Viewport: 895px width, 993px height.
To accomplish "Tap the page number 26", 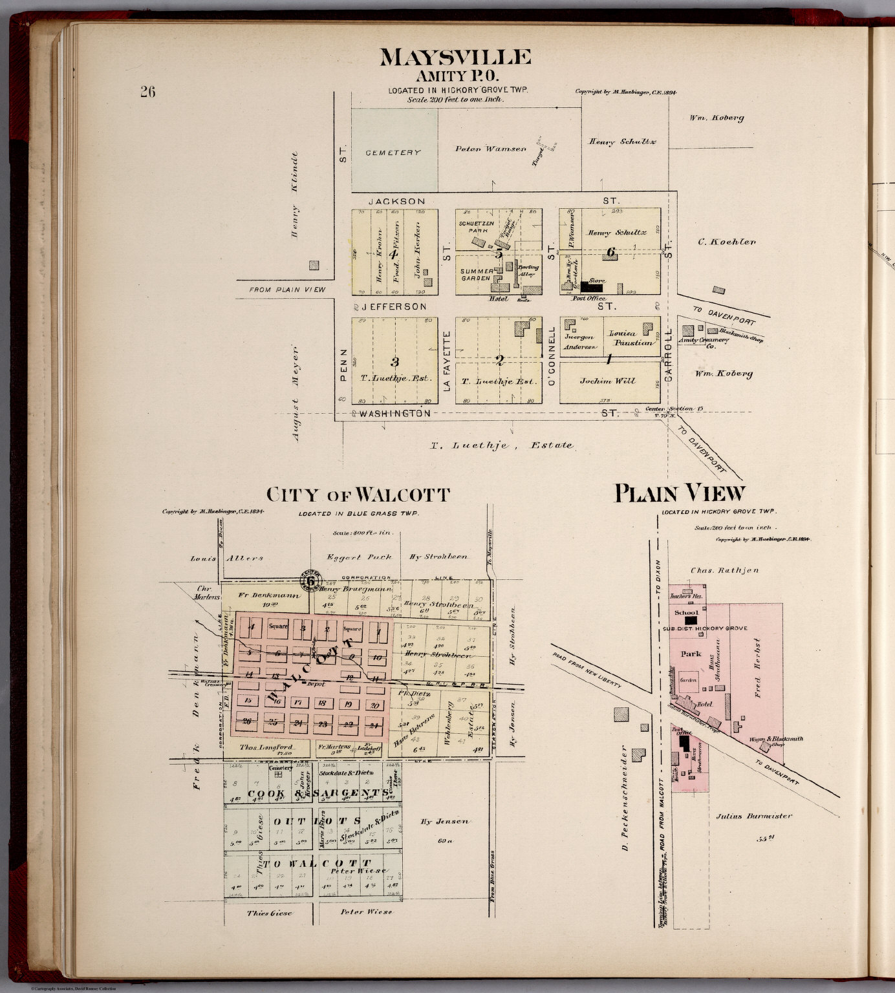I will (147, 92).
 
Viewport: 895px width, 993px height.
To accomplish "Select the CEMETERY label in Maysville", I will (393, 153).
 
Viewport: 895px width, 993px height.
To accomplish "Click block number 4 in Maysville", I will (393, 253).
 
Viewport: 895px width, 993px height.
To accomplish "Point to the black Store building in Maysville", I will (591, 286).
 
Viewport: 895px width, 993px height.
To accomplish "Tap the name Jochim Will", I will (607, 381).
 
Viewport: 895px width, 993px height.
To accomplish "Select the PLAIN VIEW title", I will (679, 494).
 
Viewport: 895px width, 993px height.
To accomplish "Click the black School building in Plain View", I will (691, 619).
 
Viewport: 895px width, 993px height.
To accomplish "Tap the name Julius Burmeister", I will (753, 816).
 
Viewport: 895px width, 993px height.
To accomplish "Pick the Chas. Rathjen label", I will (715, 570).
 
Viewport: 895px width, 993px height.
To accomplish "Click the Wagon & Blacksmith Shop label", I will (776, 741).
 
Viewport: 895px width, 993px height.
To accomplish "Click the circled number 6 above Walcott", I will (310, 581).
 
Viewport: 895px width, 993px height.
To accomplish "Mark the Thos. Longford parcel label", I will (266, 747).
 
